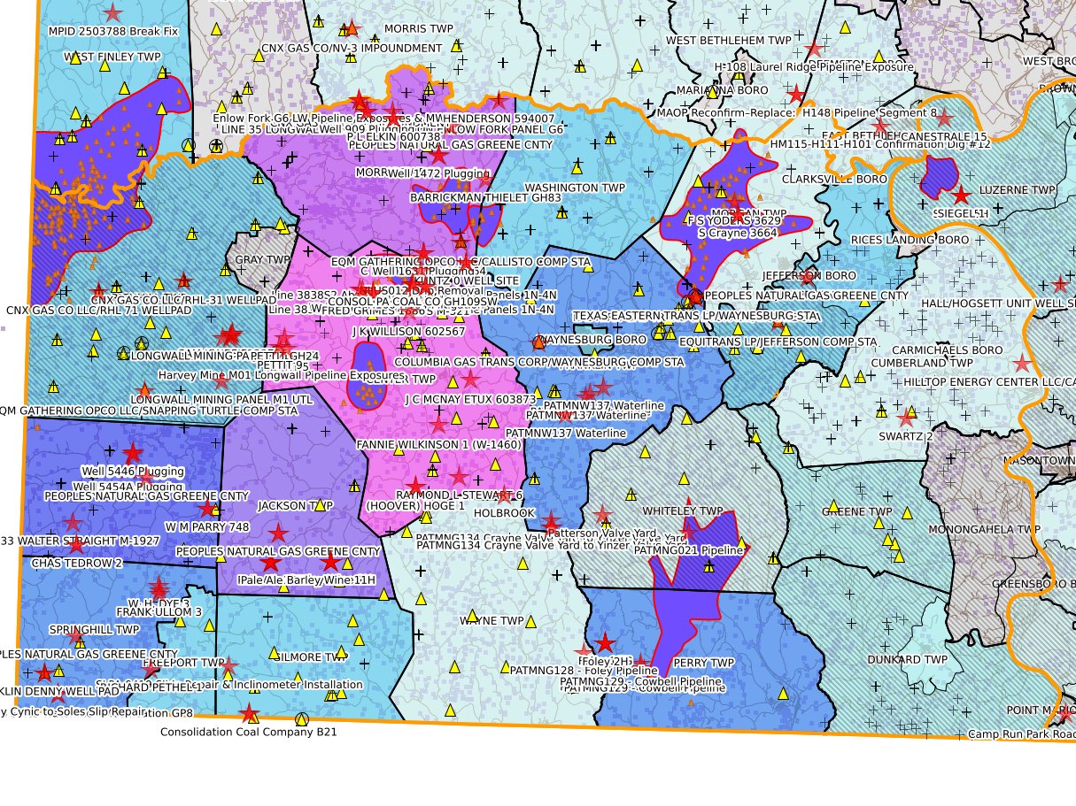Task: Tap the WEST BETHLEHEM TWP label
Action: click(728, 40)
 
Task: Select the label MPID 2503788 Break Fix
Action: click(113, 31)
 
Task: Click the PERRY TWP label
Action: click(704, 662)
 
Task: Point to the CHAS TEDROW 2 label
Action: click(77, 563)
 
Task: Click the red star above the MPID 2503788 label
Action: click(112, 12)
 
